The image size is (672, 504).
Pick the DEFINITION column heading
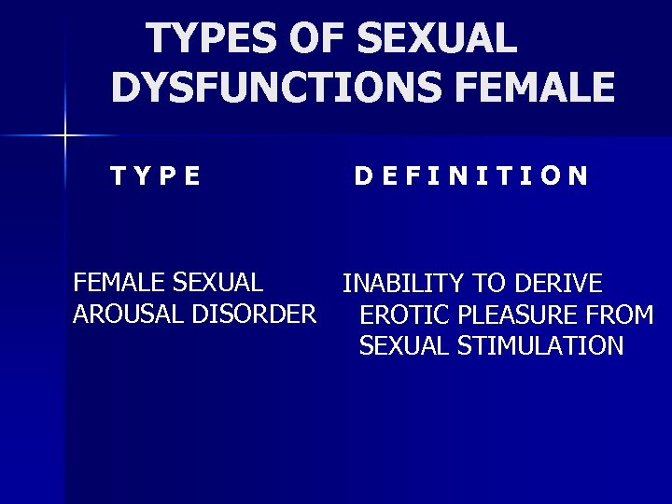[471, 175]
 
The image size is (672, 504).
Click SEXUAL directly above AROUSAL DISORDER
[217, 282]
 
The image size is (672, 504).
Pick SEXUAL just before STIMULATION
[404, 346]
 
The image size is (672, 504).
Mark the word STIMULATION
[540, 346]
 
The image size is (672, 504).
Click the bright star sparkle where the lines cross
[64, 136]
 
